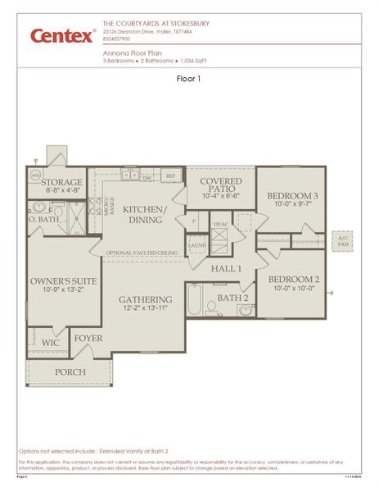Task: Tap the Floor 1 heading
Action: click(x=189, y=79)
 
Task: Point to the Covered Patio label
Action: click(x=220, y=184)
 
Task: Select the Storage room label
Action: click(x=63, y=182)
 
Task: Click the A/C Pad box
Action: click(x=342, y=241)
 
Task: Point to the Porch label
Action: click(x=70, y=371)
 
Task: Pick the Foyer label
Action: click(x=88, y=338)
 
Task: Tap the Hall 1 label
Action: click(x=227, y=268)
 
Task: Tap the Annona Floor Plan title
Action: click(x=129, y=51)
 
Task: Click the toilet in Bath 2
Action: click(x=211, y=308)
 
